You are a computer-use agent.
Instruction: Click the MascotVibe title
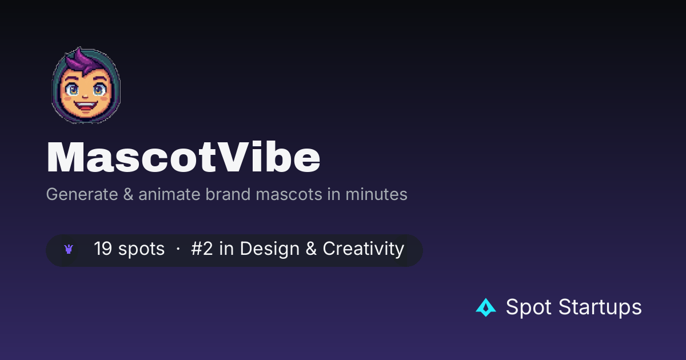pos(183,157)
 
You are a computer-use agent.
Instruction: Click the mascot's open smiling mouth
pos(86,106)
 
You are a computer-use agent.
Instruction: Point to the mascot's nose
pos(85,97)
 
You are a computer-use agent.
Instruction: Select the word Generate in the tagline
pos(82,194)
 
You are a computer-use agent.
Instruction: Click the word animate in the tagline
pos(169,194)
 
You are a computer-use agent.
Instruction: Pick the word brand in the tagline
pos(228,194)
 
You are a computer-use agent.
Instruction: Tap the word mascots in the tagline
pos(289,194)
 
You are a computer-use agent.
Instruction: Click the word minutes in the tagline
pos(376,194)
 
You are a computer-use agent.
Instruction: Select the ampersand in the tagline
pos(128,194)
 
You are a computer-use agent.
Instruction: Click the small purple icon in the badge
pos(69,249)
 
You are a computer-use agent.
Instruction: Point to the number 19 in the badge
pos(103,248)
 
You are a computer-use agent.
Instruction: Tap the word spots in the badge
pos(142,249)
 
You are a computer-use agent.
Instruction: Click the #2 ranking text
pos(202,248)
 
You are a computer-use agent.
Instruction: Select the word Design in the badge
pos(269,249)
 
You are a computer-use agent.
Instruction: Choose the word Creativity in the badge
pos(364,249)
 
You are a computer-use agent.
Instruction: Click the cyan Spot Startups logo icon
pos(486,307)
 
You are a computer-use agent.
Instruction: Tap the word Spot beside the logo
pos(529,307)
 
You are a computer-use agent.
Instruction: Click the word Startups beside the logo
pos(600,307)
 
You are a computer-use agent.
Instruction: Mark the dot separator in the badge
pos(178,249)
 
